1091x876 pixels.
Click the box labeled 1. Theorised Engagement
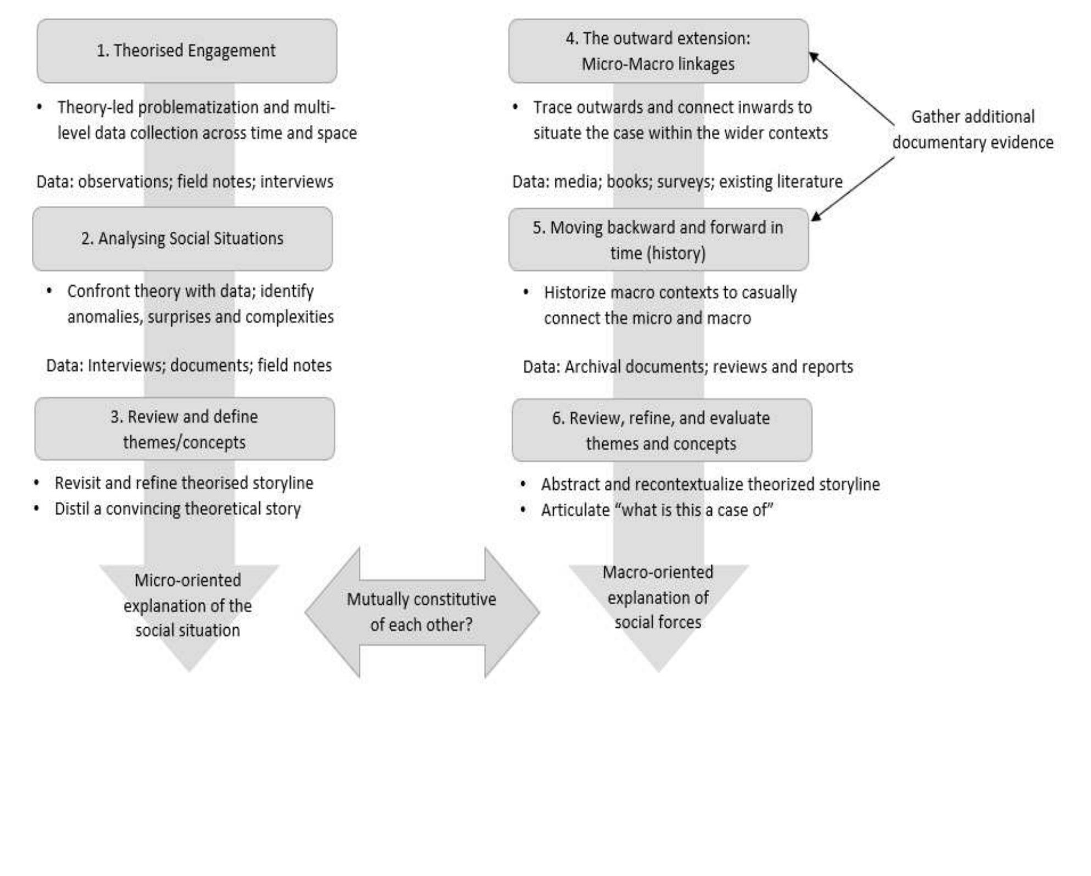[x=187, y=51]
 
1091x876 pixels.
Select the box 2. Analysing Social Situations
[x=182, y=239]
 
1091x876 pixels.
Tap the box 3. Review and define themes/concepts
[x=185, y=429]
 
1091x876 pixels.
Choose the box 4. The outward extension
[x=658, y=51]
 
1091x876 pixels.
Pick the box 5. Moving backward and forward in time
[x=658, y=240]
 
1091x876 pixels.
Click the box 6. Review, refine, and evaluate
[x=661, y=431]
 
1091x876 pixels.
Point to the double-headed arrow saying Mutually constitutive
[x=422, y=612]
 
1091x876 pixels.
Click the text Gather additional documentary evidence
[x=972, y=130]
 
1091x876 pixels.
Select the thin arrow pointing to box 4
[x=851, y=88]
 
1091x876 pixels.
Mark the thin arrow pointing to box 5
[x=853, y=189]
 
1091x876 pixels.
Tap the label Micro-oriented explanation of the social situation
[x=188, y=605]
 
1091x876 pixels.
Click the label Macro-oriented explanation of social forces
[x=658, y=597]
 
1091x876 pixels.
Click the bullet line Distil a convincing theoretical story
[x=177, y=509]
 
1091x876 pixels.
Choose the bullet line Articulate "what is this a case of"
[x=657, y=510]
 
